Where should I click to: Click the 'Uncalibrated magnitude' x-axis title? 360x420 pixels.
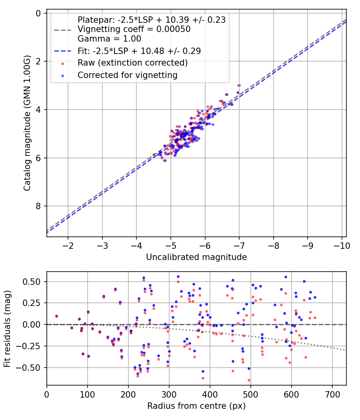click(196, 257)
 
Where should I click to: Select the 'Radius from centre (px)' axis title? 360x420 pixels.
click(196, 406)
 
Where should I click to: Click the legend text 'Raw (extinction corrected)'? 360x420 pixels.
click(132, 63)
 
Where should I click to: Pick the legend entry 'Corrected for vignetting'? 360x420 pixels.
click(127, 75)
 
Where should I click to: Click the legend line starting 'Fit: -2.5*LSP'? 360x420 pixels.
click(139, 51)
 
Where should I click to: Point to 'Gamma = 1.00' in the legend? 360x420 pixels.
click(109, 39)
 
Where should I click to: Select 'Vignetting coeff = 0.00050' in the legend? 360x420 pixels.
click(134, 29)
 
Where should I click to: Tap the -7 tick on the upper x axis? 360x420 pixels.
click(239, 244)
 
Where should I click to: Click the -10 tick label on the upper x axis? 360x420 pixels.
click(342, 244)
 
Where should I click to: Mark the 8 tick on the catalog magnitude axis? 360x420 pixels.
click(38, 206)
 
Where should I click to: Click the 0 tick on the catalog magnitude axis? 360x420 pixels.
click(38, 13)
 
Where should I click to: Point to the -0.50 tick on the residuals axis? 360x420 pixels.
click(32, 368)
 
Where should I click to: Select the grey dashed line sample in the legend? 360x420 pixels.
click(63, 29)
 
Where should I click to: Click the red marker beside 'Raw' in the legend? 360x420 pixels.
click(63, 63)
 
